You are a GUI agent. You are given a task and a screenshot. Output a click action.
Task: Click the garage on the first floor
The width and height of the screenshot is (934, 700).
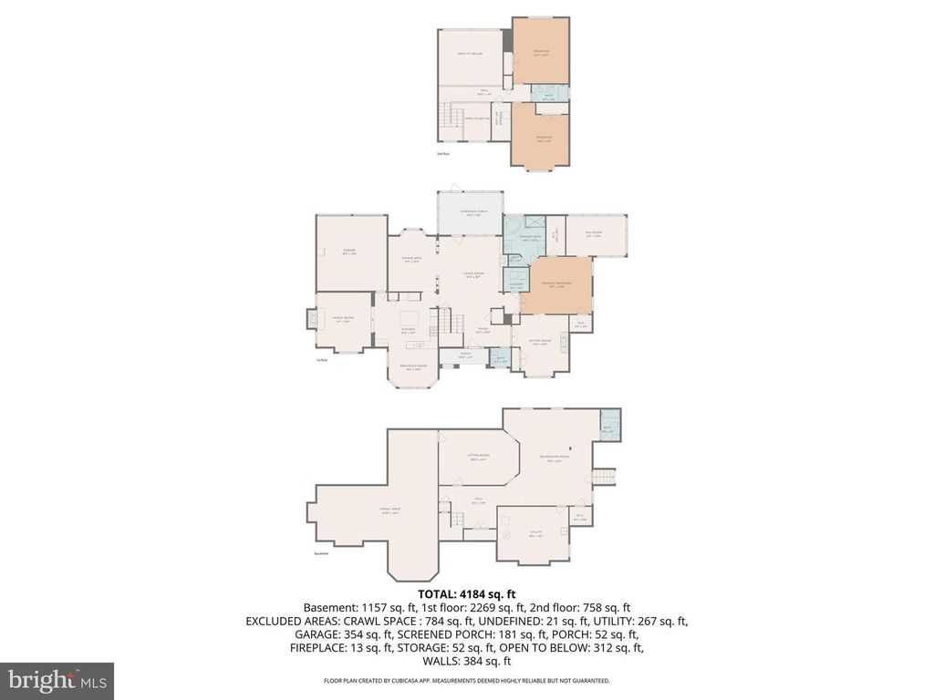pyautogui.click(x=348, y=252)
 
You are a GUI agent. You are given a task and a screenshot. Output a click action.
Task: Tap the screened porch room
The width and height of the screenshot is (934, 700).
pyautogui.click(x=470, y=213)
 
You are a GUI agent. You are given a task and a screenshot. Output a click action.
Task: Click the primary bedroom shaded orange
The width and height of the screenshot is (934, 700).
pyautogui.click(x=555, y=285)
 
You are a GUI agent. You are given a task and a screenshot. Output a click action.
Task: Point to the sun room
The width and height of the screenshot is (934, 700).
pyautogui.click(x=596, y=235)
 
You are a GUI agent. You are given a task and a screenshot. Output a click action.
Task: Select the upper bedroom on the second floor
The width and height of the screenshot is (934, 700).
pyautogui.click(x=540, y=51)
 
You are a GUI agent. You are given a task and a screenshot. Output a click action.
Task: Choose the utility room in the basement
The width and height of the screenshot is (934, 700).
pyautogui.click(x=535, y=532)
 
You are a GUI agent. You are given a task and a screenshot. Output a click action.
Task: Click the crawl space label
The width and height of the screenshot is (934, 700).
pyautogui.click(x=392, y=511)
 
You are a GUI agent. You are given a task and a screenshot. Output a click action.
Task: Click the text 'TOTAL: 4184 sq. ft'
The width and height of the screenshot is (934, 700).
pyautogui.click(x=466, y=592)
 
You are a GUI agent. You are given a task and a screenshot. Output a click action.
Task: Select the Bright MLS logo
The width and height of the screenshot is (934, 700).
pyautogui.click(x=57, y=680)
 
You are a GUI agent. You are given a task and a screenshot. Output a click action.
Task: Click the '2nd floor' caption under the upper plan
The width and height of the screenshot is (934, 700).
pyautogui.click(x=443, y=155)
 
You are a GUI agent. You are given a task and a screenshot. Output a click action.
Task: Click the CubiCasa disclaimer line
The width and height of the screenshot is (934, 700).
pyautogui.click(x=466, y=681)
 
